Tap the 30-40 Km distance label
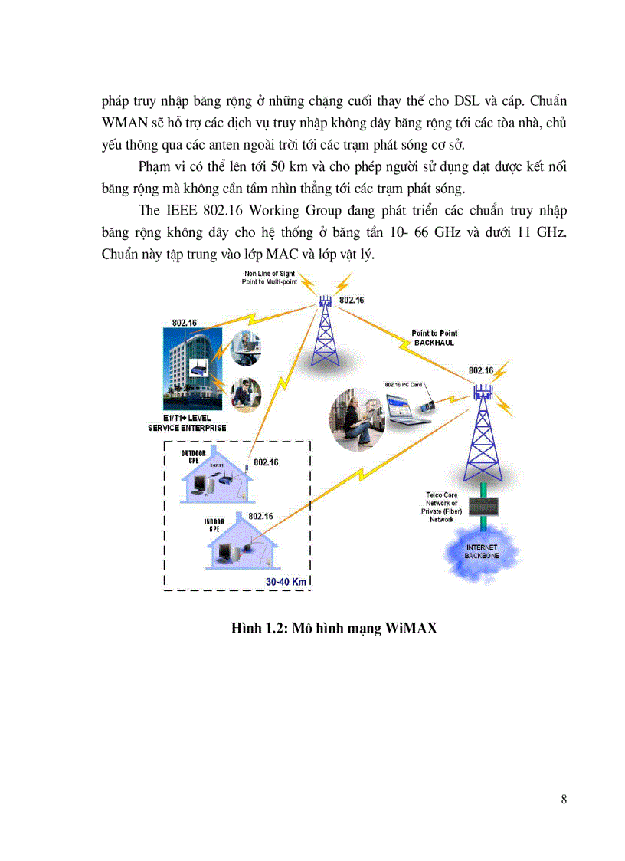[286, 582]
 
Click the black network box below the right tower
[483, 506]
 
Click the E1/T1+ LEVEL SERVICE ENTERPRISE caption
[187, 423]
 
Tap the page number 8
[564, 800]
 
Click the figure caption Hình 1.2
[334, 629]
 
